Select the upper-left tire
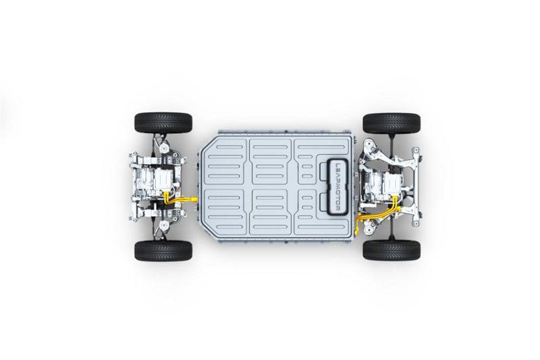[163, 123]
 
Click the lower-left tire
[163, 251]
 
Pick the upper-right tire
[391, 123]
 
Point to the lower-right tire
[391, 251]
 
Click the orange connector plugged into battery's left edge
[194, 199]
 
